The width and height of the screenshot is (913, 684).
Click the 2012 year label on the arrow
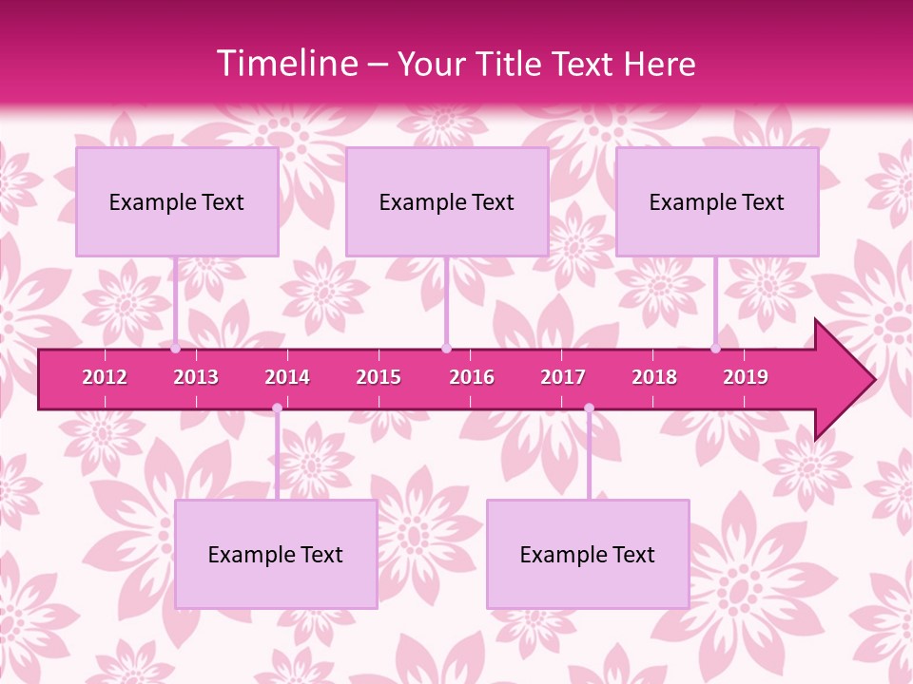(x=105, y=377)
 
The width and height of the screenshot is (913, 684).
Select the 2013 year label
(x=196, y=377)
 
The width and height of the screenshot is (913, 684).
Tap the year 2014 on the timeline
(x=287, y=377)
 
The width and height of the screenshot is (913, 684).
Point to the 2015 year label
(x=379, y=377)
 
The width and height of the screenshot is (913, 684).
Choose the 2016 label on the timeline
(x=472, y=377)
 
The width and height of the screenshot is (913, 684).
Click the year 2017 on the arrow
(x=563, y=377)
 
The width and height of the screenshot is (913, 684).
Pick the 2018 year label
(x=654, y=377)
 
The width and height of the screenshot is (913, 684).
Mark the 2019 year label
(x=746, y=377)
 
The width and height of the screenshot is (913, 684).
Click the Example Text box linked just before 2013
(x=177, y=201)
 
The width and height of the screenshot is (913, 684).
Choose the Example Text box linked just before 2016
(x=447, y=201)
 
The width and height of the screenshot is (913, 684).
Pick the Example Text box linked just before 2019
(x=717, y=201)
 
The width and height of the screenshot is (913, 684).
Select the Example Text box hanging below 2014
(x=276, y=554)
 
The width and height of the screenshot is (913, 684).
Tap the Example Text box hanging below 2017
(x=588, y=554)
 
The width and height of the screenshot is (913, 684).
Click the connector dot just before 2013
(x=176, y=349)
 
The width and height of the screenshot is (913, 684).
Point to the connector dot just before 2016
(x=446, y=349)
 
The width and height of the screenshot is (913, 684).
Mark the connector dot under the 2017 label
(x=589, y=408)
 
